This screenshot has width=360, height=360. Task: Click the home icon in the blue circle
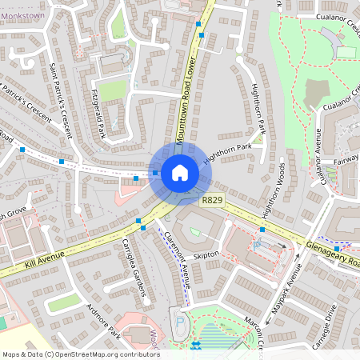pos(180,172)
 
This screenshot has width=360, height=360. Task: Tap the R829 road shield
pos(212,200)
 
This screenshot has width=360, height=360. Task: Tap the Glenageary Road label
pos(331,253)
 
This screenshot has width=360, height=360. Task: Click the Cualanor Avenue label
pos(317,157)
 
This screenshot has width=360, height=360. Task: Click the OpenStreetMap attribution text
pos(80,354)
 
